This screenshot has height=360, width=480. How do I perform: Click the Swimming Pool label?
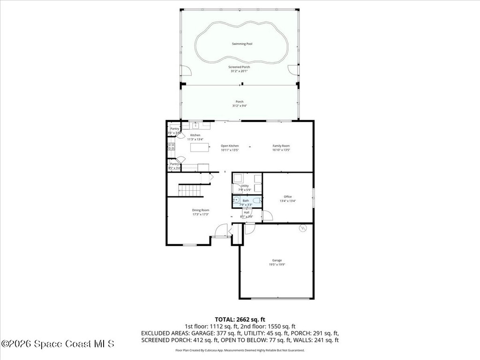(x=242, y=44)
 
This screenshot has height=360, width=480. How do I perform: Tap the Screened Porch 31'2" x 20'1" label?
(x=239, y=69)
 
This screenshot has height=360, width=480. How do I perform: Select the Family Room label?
(x=281, y=148)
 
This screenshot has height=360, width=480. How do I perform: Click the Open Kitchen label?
(x=230, y=148)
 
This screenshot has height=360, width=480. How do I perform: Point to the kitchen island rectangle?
(x=199, y=148)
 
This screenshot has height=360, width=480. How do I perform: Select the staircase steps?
(x=189, y=190)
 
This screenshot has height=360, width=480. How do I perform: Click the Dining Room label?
(x=200, y=212)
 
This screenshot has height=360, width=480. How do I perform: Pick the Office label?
(x=287, y=199)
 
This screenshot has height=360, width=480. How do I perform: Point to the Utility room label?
(x=245, y=187)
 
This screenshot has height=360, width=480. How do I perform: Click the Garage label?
(x=277, y=262)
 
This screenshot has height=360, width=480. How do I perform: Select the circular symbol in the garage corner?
(x=302, y=228)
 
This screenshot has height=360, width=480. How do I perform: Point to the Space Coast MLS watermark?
(x=58, y=344)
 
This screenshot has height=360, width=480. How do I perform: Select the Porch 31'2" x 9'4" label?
(x=239, y=104)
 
